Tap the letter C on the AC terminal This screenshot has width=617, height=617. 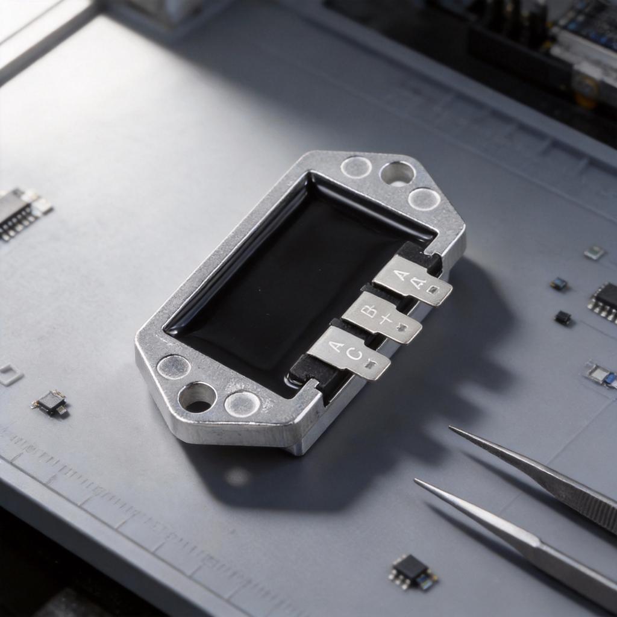(355, 355)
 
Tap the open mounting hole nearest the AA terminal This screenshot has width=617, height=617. (396, 174)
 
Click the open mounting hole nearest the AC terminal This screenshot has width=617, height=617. (198, 398)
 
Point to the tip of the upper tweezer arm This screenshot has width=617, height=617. (449, 427)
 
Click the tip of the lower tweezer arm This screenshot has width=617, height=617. (416, 480)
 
